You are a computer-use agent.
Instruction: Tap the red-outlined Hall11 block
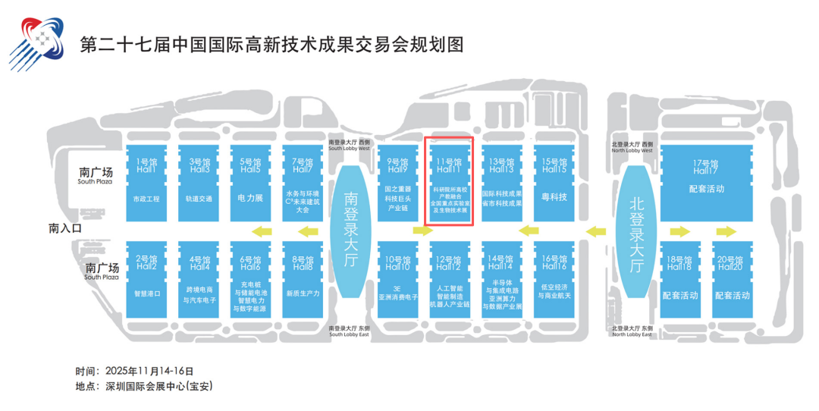tap(450, 180)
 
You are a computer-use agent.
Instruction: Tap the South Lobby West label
tap(350, 147)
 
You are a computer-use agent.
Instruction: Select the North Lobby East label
tap(632, 331)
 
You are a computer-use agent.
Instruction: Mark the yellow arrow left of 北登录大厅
tap(597, 231)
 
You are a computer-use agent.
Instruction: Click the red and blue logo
tap(36, 44)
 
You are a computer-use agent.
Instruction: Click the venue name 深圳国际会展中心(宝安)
tap(156, 386)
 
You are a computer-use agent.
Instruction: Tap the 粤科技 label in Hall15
tap(556, 198)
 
